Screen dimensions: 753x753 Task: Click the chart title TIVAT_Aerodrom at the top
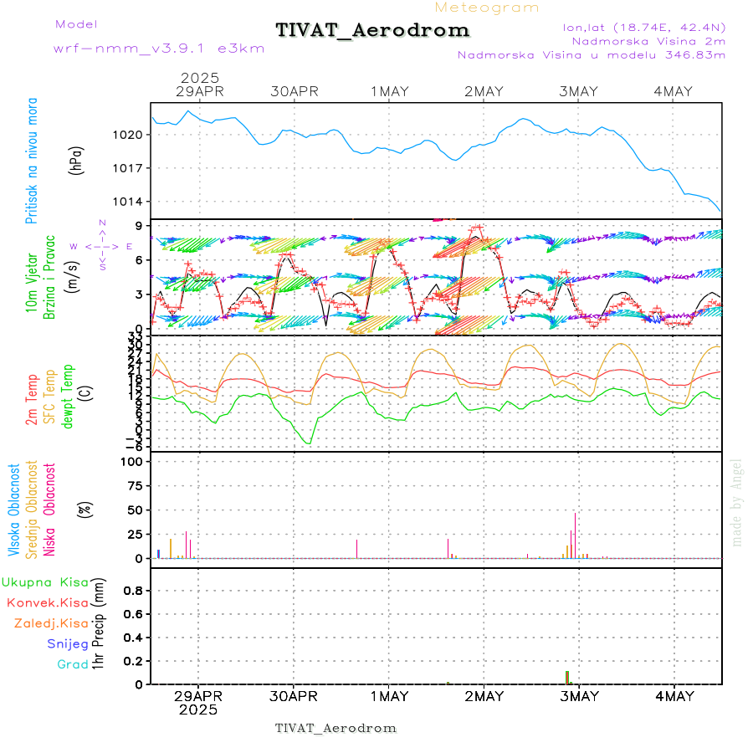pyautogui.click(x=372, y=30)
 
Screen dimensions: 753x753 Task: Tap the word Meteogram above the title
pyautogui.click(x=487, y=8)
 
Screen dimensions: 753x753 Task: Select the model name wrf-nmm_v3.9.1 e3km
pyautogui.click(x=159, y=48)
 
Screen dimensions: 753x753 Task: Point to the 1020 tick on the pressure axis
pyautogui.click(x=130, y=135)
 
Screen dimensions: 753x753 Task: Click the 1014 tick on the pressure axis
pyautogui.click(x=130, y=202)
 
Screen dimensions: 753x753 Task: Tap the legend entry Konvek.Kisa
pyautogui.click(x=48, y=602)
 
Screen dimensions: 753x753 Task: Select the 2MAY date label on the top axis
pyautogui.click(x=484, y=91)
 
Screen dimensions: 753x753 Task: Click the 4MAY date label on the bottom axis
pyautogui.click(x=674, y=696)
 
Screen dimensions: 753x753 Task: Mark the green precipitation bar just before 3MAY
pyautogui.click(x=566, y=677)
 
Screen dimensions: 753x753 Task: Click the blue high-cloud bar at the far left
pyautogui.click(x=158, y=553)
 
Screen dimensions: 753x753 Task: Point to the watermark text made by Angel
pyautogui.click(x=737, y=502)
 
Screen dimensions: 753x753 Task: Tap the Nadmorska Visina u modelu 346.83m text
pyautogui.click(x=591, y=54)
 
